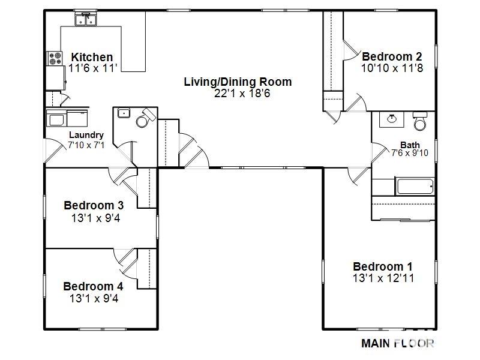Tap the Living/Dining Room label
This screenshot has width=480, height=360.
pos(238,82)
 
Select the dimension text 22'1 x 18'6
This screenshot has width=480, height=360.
pos(238,93)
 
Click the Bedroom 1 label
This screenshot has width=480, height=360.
pos(382,266)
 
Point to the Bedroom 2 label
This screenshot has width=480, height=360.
pos(392,56)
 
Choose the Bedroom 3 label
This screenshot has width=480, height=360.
pos(94,206)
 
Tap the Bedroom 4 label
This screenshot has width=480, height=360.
pos(92,286)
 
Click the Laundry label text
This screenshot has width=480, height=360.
pos(86,135)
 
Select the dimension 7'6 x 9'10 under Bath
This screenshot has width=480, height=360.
pos(410,154)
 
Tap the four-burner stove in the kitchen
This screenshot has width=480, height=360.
pos(55,58)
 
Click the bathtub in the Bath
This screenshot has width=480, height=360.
pos(415,186)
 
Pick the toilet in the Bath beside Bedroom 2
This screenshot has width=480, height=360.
pos(421,122)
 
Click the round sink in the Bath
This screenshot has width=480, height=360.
pos(392,118)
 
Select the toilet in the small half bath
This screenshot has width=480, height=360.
pos(145,119)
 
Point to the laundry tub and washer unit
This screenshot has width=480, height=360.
pos(67,118)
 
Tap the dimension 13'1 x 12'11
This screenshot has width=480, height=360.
pos(382,278)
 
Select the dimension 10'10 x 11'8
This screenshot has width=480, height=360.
pos(392,68)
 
